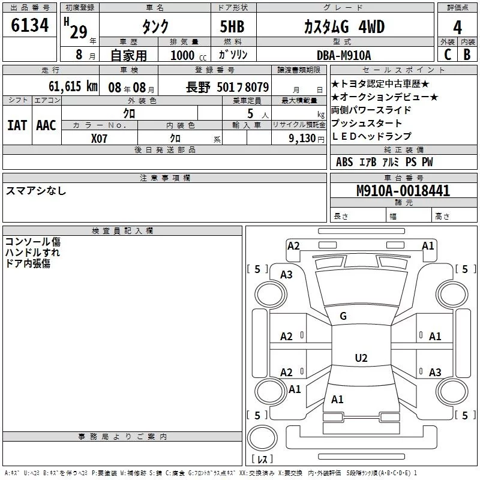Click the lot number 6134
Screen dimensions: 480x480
click(29, 26)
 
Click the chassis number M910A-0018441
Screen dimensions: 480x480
click(403, 191)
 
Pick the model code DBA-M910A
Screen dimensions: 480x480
click(344, 55)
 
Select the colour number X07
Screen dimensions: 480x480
click(99, 138)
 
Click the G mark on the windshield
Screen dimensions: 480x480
click(343, 316)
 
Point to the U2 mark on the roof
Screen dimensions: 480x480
click(361, 358)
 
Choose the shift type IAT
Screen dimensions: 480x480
click(17, 125)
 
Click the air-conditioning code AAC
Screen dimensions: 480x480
click(46, 125)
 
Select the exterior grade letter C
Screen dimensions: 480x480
click(447, 55)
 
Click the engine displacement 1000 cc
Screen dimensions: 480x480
click(185, 55)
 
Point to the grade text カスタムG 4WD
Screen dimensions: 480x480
click(344, 27)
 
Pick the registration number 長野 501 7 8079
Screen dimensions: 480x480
click(227, 86)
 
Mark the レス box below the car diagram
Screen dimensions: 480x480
click(262, 459)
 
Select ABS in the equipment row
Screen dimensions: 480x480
click(344, 162)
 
